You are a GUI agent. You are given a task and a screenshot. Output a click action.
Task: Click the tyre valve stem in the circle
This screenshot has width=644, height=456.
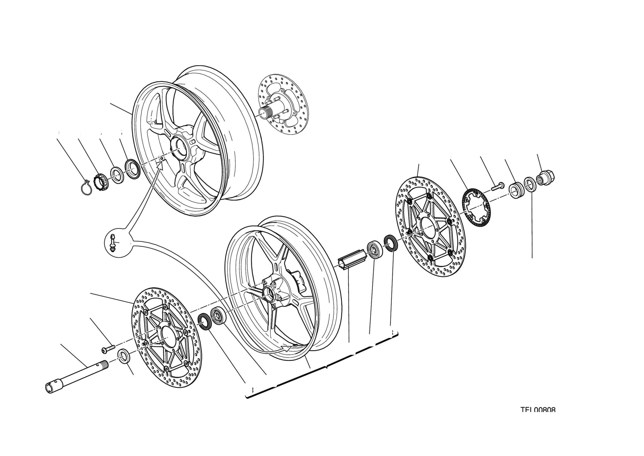point(113,242)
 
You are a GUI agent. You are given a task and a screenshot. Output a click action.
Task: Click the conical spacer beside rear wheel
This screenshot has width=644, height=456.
point(132,168)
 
